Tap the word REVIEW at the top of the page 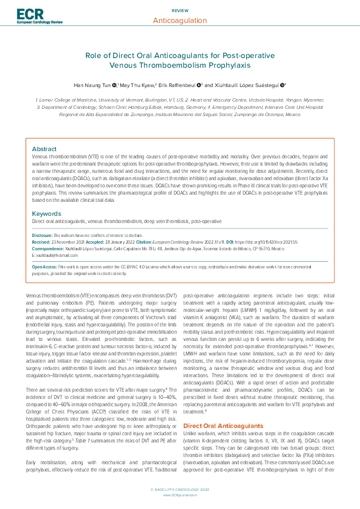tap(180, 11)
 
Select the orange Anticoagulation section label tap(180, 21)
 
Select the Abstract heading tap(44, 148)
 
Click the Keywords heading tap(46, 213)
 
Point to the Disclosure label tap(42, 234)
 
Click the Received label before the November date tap(41, 241)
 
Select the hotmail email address tap(53, 256)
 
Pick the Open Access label tap(45, 267)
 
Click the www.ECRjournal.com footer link tap(180, 494)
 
